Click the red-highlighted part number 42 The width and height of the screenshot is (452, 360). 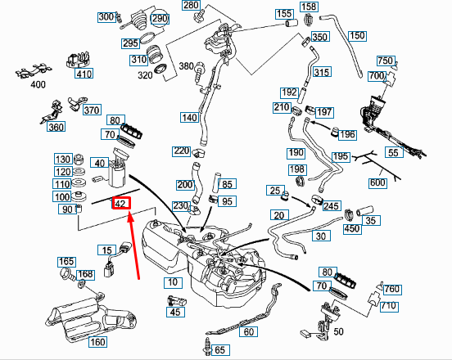point(121,203)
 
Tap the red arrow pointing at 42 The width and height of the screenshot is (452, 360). point(134,245)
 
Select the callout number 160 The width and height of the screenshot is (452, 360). point(97,342)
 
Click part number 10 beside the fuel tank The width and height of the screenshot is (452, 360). point(173,282)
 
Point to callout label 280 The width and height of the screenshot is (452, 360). point(191,5)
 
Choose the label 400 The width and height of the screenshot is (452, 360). point(38,84)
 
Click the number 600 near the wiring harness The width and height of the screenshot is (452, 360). point(377,183)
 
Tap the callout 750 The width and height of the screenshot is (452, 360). point(386,61)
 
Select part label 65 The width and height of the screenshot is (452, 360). point(220,350)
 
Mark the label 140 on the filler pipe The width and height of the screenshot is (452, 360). point(190,118)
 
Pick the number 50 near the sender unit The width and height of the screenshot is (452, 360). point(338,332)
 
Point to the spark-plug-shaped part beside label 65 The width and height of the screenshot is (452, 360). point(207,345)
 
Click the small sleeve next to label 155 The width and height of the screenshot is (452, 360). point(292,23)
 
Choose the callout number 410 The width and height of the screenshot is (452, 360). point(84,74)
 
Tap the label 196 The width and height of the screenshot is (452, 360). point(347,134)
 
